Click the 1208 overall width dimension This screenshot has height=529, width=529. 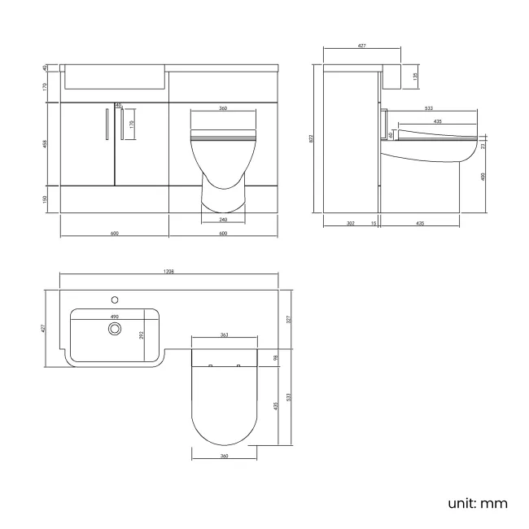point(169,272)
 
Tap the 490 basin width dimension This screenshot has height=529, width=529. point(115,317)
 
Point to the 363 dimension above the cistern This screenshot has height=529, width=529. point(223,334)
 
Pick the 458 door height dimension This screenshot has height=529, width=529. point(46,144)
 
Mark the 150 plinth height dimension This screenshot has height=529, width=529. point(46,199)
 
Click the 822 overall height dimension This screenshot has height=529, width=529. point(311,138)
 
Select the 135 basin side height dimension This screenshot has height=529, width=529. point(416,77)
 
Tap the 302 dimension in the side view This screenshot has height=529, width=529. point(350,223)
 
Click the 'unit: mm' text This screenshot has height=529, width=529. point(478,503)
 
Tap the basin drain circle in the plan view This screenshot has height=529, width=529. point(115,328)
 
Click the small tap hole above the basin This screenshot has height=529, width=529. point(115,298)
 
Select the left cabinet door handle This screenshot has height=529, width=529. point(107,123)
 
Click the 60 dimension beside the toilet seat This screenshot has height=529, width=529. point(391,133)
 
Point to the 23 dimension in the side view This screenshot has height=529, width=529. point(483,146)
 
